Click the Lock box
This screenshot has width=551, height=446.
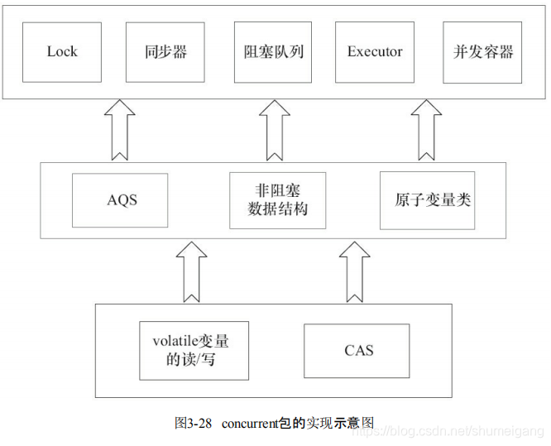tap(62, 52)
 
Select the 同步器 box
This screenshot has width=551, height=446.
tap(166, 52)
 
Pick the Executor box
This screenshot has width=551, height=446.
tap(375, 52)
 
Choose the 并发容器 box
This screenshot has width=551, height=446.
tap(483, 52)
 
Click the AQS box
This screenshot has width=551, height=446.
tap(120, 200)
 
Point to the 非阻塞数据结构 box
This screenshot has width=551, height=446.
tap(277, 200)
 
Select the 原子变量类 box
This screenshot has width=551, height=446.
tap(427, 200)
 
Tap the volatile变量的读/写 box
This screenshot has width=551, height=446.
tap(194, 350)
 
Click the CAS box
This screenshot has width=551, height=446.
tap(358, 350)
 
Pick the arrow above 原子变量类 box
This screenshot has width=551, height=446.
tap(427, 130)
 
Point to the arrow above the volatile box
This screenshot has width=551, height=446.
tap(192, 271)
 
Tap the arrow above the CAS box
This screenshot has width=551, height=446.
tap(357, 271)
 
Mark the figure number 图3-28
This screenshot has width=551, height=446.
tap(194, 423)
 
